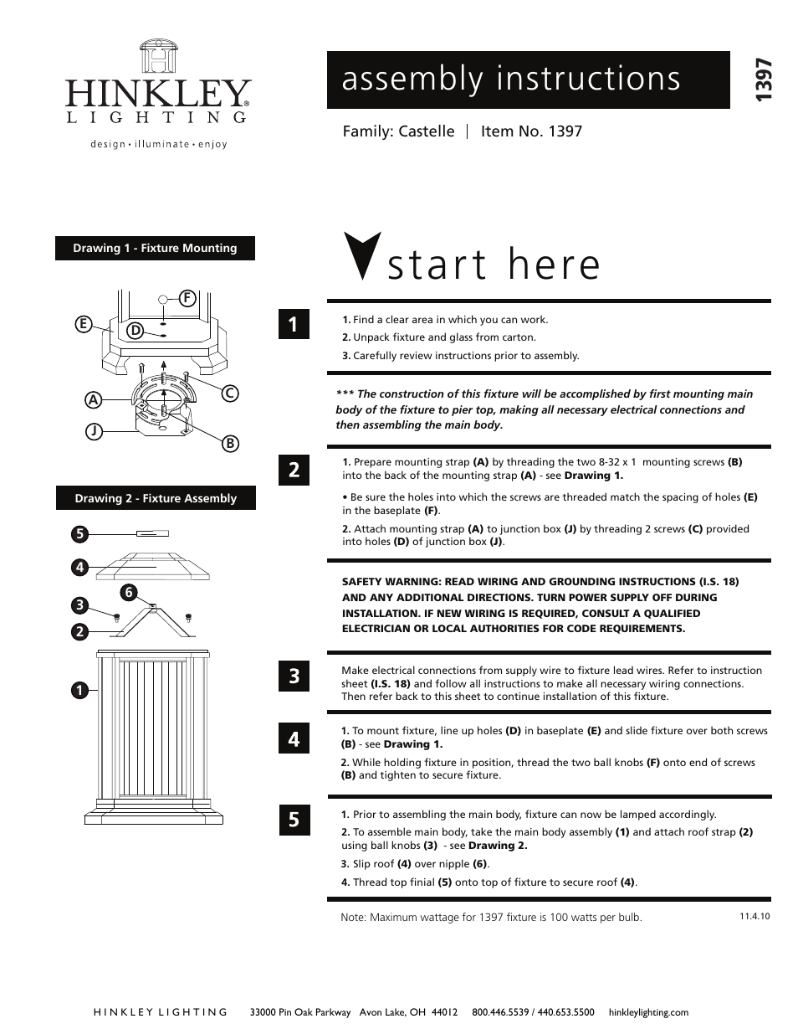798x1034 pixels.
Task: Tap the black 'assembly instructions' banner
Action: [528, 80]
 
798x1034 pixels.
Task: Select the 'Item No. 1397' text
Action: [531, 131]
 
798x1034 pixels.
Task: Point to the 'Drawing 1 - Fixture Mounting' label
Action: [155, 248]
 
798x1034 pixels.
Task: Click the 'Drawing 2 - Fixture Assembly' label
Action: [156, 498]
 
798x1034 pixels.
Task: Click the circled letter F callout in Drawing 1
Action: [187, 298]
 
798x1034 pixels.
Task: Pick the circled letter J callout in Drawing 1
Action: [94, 432]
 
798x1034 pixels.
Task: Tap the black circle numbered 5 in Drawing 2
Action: [79, 533]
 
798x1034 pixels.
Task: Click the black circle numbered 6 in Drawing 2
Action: [128, 593]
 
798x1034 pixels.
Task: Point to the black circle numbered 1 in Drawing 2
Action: [79, 691]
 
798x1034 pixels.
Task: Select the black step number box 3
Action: [294, 675]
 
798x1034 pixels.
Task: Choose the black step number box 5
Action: [294, 820]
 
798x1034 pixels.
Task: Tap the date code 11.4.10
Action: [754, 916]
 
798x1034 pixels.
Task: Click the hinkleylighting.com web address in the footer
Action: [648, 1012]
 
